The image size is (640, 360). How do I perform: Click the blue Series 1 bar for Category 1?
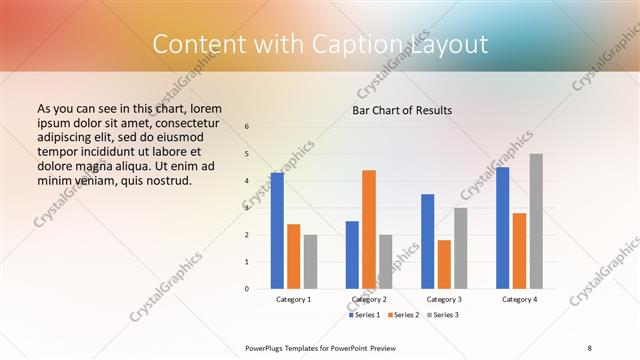point(277,231)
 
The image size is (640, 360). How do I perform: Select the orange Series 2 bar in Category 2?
point(369,229)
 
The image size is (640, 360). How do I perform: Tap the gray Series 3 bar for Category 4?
point(536,221)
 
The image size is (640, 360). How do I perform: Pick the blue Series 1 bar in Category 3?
point(428,241)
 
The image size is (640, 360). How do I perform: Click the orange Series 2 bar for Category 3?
point(444,264)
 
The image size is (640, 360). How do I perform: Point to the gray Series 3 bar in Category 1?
point(310,262)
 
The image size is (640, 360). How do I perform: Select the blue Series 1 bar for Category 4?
point(503,228)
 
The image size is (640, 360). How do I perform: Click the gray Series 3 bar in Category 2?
point(386,262)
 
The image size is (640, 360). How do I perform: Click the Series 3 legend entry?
point(443,315)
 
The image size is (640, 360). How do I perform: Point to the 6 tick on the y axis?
point(247,127)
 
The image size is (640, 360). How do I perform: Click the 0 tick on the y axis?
point(247,289)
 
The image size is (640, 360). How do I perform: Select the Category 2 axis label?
point(369,299)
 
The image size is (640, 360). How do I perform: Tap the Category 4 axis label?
point(519,299)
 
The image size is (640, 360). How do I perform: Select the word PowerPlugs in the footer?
point(266,347)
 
